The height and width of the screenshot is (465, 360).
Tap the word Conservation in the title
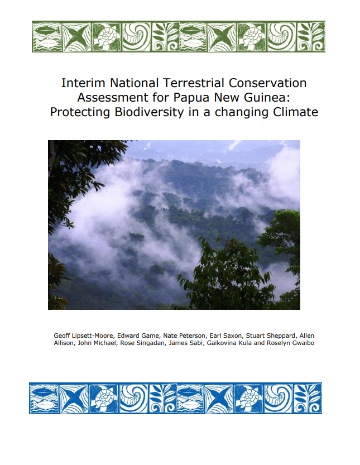tap(267, 83)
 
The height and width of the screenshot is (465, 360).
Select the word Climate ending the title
tap(295, 112)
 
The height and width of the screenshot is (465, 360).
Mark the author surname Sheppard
tap(282, 336)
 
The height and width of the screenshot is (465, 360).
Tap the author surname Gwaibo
tap(303, 343)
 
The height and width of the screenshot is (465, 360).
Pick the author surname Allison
tap(64, 343)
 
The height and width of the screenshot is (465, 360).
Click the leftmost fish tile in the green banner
tap(47, 37)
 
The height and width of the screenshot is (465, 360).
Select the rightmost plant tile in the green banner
tap(311, 37)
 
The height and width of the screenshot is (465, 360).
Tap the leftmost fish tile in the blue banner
tap(44, 398)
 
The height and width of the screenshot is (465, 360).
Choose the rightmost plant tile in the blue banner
tap(308, 398)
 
